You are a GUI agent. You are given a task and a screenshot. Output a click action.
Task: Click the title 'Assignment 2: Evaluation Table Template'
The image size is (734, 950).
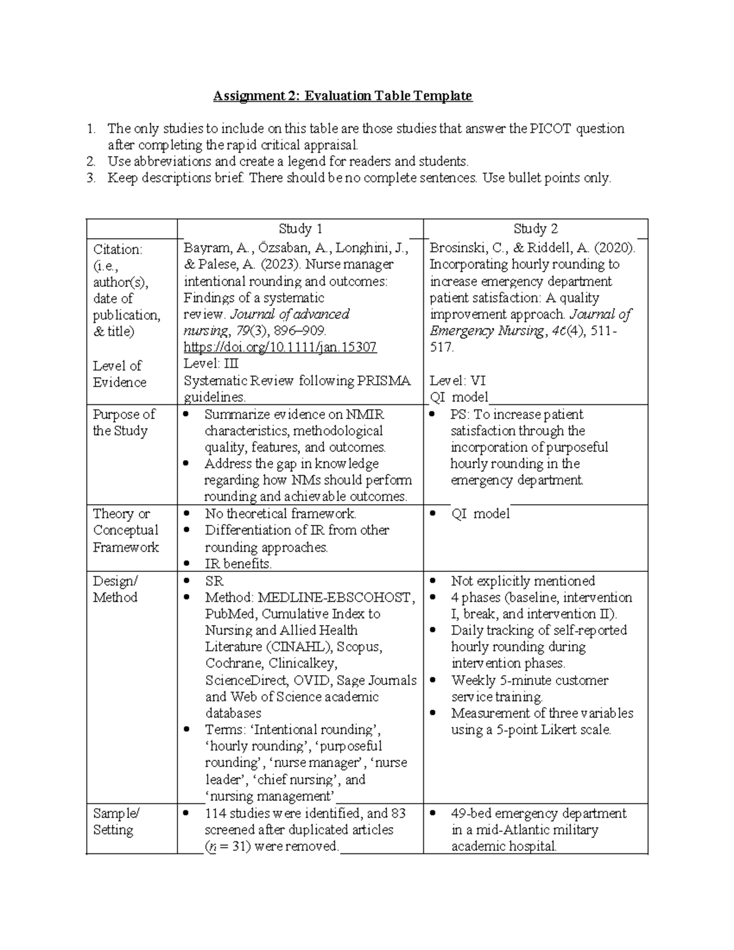343,96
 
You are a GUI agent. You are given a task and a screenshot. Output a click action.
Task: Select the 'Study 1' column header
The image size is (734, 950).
300,229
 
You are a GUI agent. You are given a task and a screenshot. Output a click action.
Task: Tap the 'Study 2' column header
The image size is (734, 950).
535,229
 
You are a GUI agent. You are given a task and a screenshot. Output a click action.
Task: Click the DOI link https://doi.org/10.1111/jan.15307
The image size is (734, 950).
280,347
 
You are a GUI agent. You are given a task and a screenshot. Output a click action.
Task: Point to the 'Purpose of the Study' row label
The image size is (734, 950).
124,422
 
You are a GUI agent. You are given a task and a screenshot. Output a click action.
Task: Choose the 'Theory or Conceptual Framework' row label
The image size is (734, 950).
125,530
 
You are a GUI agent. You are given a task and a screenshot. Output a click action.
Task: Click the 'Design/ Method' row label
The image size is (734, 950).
115,588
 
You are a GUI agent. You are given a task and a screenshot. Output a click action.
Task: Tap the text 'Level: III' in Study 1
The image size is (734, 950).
211,364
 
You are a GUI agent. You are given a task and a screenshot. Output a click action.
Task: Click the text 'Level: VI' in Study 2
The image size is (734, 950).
458,380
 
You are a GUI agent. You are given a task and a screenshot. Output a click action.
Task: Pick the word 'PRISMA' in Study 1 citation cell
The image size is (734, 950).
384,380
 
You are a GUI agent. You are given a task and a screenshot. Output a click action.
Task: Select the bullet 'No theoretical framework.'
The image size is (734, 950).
280,514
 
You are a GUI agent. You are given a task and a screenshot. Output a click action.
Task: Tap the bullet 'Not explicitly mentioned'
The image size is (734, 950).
522,581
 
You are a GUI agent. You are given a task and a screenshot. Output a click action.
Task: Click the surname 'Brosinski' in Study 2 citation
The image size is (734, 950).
458,248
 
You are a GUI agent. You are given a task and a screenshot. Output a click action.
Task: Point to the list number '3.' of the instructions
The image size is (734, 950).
91,178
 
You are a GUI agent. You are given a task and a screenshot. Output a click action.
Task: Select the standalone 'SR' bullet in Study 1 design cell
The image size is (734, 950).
214,581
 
